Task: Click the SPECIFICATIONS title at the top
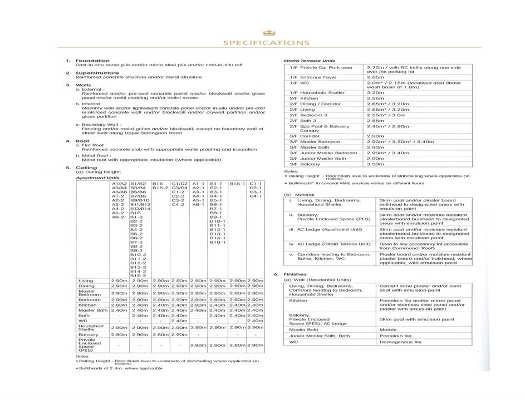[x=266, y=43]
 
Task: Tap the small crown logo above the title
[x=266, y=32]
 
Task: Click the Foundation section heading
[x=92, y=61]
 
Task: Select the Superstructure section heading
[x=97, y=73]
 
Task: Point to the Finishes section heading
[x=295, y=274]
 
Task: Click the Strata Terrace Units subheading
[x=309, y=61]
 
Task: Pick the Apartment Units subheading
[x=97, y=178]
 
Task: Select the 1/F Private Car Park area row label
[x=321, y=68]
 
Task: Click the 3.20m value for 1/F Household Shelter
[x=375, y=93]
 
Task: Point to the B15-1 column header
[x=237, y=183]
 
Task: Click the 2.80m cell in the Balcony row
[x=160, y=334]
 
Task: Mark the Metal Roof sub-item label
[x=96, y=155]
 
